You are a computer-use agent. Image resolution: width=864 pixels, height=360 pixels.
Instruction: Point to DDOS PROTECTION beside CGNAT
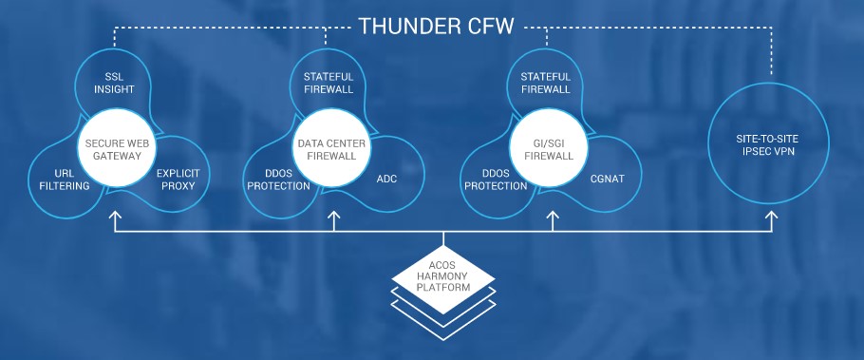[496, 180]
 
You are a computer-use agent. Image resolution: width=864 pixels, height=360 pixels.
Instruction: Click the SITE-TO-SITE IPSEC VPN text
[770, 147]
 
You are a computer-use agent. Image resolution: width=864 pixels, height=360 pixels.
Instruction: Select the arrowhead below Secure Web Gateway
[115, 218]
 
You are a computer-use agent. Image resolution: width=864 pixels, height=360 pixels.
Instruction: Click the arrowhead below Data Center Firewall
[333, 218]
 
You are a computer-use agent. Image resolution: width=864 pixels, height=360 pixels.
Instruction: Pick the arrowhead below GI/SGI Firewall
[553, 218]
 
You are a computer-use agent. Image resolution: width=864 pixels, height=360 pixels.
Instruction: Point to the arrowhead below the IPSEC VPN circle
[771, 218]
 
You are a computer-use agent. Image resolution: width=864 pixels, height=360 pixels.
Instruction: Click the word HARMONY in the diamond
[444, 276]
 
